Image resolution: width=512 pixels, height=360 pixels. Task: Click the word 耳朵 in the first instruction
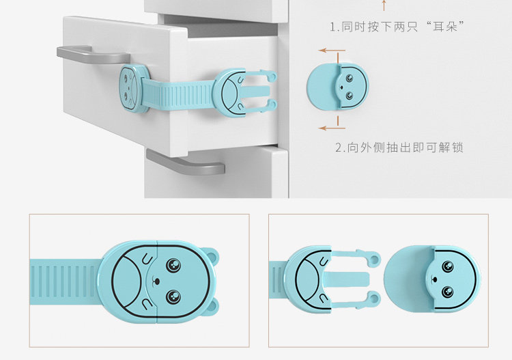tap(445, 26)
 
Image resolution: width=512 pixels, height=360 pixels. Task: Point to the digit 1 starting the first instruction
tap(332, 27)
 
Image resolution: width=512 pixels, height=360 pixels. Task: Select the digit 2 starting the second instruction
tap(339, 148)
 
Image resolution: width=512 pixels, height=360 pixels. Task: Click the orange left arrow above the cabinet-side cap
tap(332, 51)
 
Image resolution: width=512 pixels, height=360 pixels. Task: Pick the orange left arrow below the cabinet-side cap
tap(332, 128)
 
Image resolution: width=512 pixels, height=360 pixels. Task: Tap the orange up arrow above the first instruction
tap(384, 5)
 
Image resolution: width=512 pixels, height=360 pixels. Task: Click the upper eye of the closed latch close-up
tap(173, 265)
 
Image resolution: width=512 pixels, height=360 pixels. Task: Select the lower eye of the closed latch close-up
tap(173, 296)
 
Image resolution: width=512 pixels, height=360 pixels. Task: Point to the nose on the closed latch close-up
tap(156, 281)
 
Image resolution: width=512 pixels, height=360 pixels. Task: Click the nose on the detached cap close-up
tap(434, 279)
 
